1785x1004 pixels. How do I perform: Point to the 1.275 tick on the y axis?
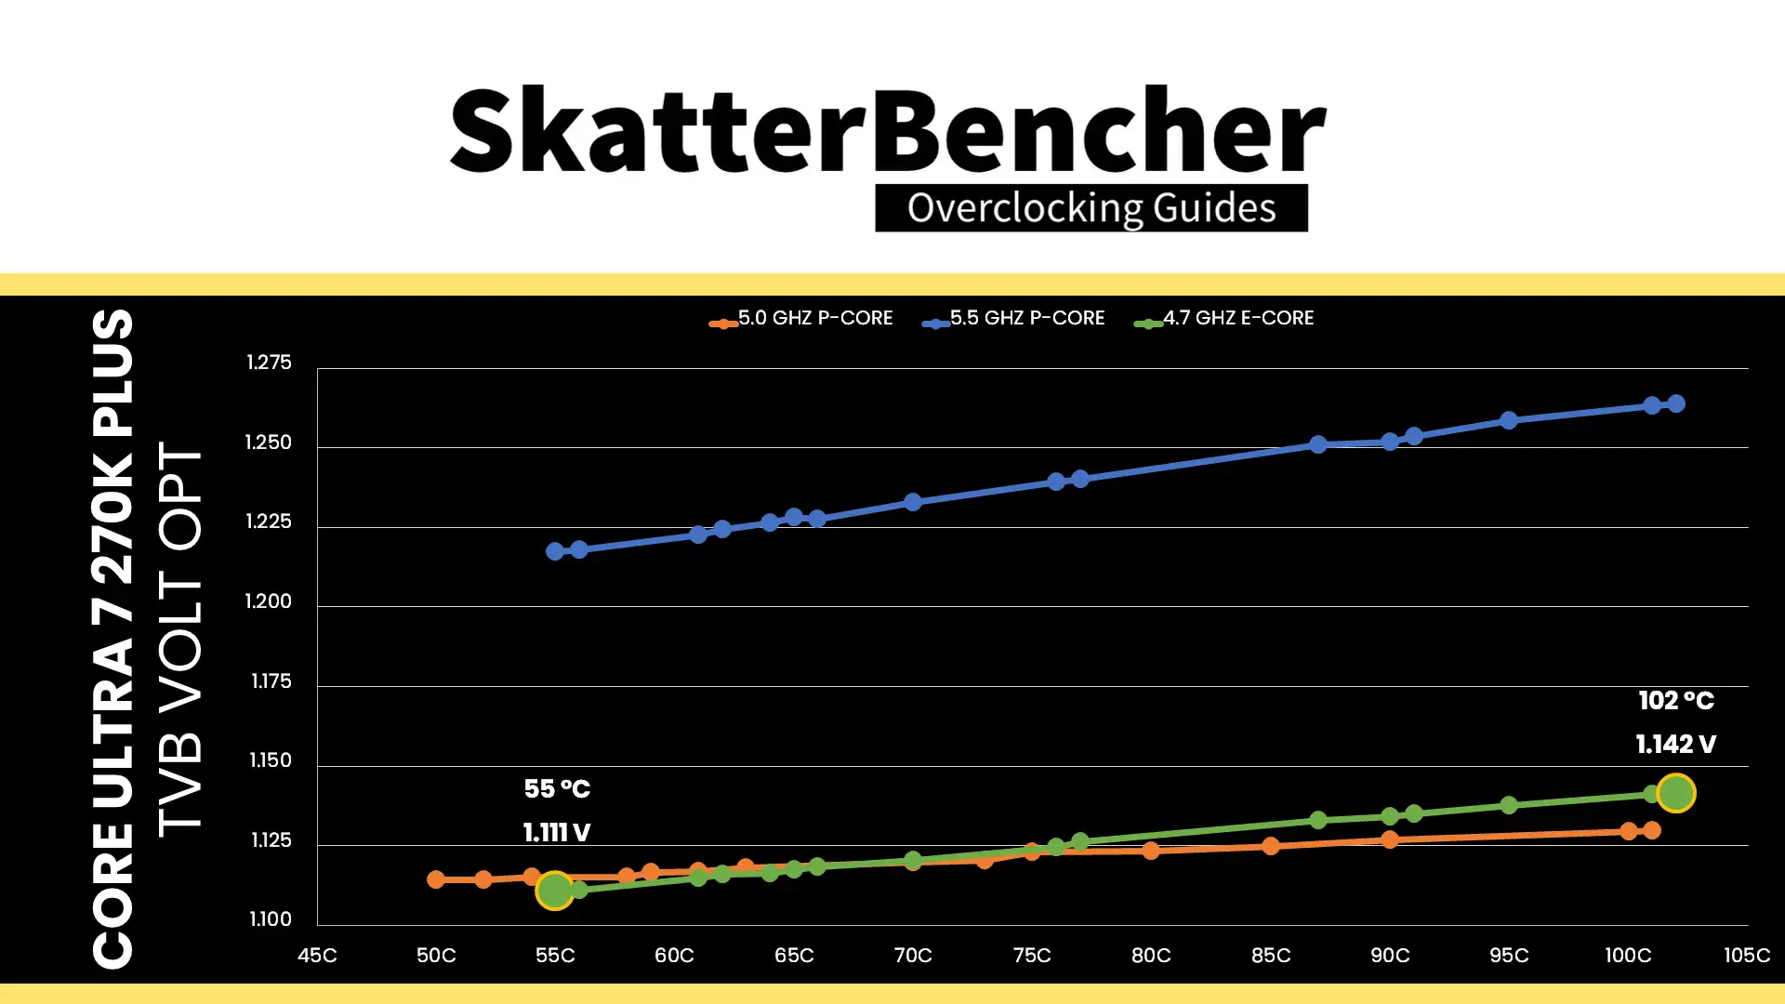[x=269, y=363]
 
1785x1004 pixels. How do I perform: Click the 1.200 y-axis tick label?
[x=269, y=601]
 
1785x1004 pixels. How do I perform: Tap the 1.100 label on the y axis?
[x=271, y=919]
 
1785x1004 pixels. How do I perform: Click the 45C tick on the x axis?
[x=317, y=956]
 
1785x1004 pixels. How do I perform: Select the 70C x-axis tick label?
[x=913, y=956]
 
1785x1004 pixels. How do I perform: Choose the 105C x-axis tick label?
[x=1746, y=956]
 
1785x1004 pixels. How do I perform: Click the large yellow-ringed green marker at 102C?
[x=1675, y=793]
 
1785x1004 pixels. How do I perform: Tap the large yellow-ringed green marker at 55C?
[x=555, y=891]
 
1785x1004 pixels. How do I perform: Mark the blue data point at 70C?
[x=913, y=502]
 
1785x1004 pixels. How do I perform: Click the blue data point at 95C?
[x=1509, y=420]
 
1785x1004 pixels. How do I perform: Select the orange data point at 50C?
[x=436, y=879]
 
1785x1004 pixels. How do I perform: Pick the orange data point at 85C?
[x=1271, y=846]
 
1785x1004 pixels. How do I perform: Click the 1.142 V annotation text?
[x=1675, y=745]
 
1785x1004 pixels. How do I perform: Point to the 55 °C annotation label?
[x=557, y=789]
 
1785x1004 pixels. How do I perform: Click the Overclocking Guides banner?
[x=1091, y=208]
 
